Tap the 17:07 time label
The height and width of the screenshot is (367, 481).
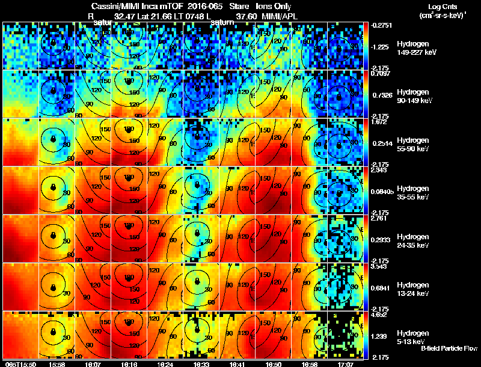[x=345, y=364]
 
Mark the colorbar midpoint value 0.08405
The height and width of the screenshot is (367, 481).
[x=382, y=192]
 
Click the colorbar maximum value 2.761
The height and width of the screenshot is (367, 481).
[x=381, y=218]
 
